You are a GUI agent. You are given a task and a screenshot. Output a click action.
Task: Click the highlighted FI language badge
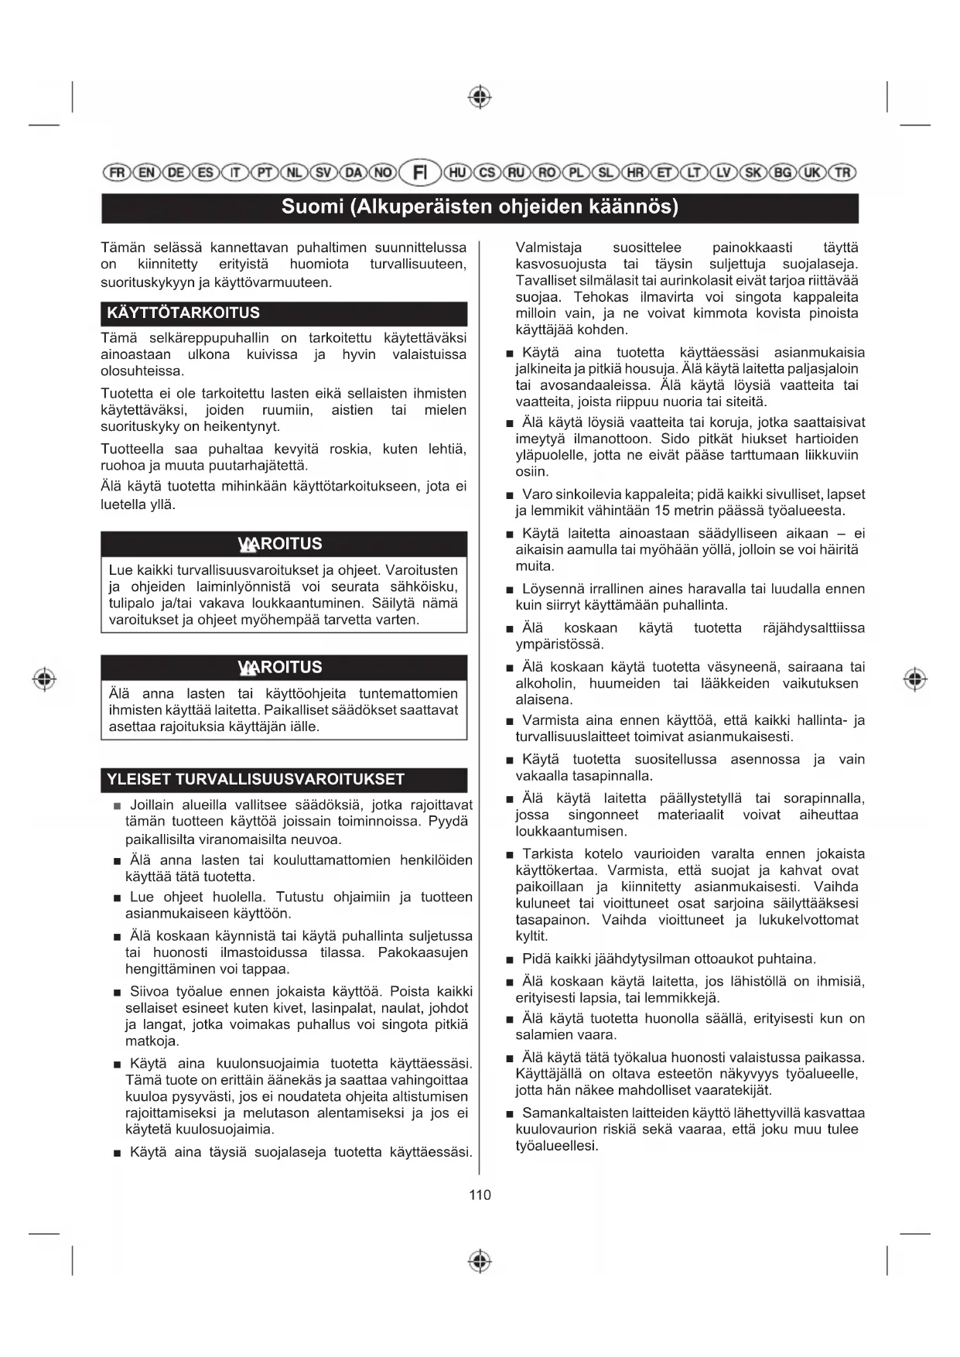click(420, 172)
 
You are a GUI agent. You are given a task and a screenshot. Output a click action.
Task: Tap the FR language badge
click(117, 173)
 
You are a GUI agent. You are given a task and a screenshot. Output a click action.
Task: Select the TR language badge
click(842, 173)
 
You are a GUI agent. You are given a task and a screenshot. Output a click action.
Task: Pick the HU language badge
click(458, 173)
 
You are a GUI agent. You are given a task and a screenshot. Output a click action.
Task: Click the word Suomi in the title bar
click(312, 207)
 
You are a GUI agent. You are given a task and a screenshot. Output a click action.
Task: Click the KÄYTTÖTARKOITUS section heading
click(183, 313)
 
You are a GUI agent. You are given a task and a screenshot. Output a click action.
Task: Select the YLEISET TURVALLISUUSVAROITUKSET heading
click(255, 779)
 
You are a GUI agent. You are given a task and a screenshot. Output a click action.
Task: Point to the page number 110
click(480, 1195)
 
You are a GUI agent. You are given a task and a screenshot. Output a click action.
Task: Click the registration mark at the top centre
click(480, 97)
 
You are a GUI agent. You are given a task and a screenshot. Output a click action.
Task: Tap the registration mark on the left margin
click(45, 679)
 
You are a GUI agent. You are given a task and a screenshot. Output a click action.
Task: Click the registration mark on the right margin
click(915, 679)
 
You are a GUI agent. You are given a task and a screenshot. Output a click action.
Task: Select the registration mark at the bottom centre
click(480, 1261)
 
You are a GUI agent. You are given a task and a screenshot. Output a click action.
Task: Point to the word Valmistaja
click(548, 248)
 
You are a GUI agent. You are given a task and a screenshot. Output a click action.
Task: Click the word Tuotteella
click(132, 449)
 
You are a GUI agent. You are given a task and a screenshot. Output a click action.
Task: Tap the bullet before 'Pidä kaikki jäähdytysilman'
click(510, 960)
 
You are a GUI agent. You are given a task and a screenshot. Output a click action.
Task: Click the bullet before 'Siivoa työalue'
click(117, 993)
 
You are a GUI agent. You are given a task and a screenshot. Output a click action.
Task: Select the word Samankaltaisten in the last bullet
click(567, 1113)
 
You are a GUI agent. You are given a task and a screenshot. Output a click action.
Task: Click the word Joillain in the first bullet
click(152, 805)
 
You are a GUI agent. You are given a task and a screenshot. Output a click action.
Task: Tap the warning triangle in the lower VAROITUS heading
click(248, 668)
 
